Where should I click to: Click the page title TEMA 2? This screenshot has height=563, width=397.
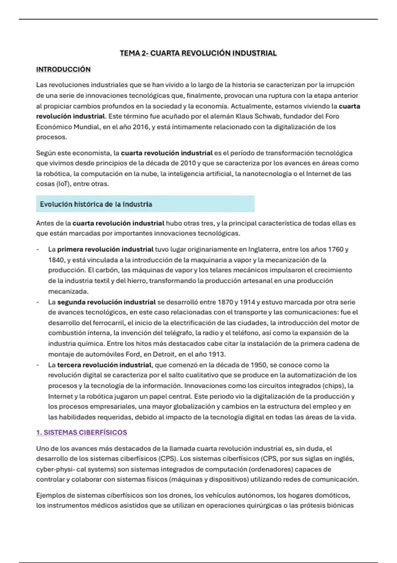pyautogui.click(x=198, y=53)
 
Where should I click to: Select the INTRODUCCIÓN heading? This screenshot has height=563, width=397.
pyautogui.click(x=63, y=69)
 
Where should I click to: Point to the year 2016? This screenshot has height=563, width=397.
pyautogui.click(x=141, y=127)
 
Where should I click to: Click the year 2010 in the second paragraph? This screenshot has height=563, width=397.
pyautogui.click(x=188, y=163)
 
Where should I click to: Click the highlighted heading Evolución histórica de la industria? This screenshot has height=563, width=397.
pyautogui.click(x=96, y=204)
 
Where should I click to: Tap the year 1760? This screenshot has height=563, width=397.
pyautogui.click(x=335, y=249)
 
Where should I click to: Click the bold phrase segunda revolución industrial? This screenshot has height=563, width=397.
pyautogui.click(x=106, y=302)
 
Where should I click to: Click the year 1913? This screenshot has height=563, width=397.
pyautogui.click(x=216, y=354)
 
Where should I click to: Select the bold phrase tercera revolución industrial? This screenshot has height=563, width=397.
pyautogui.click(x=104, y=365)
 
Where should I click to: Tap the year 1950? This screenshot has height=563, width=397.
pyautogui.click(x=258, y=365)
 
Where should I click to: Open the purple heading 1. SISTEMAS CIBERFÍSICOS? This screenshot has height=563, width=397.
pyautogui.click(x=81, y=433)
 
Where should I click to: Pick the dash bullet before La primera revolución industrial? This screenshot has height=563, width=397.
pyautogui.click(x=38, y=249)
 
